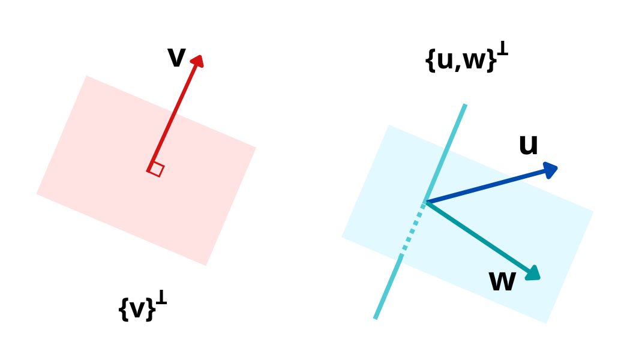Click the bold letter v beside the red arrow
[176, 58]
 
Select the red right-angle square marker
[156, 169]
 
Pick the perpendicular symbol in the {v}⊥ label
[161, 298]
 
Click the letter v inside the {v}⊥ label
[137, 310]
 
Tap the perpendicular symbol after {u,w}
[502, 50]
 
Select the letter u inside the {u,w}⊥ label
[445, 61]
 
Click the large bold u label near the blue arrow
[528, 145]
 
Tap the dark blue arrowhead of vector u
[551, 170]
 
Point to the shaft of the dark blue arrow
[486, 187]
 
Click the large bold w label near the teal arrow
[502, 281]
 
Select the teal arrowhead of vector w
[533, 274]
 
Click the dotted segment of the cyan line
[413, 231]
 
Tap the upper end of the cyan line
[464, 106]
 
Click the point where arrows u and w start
[427, 202]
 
